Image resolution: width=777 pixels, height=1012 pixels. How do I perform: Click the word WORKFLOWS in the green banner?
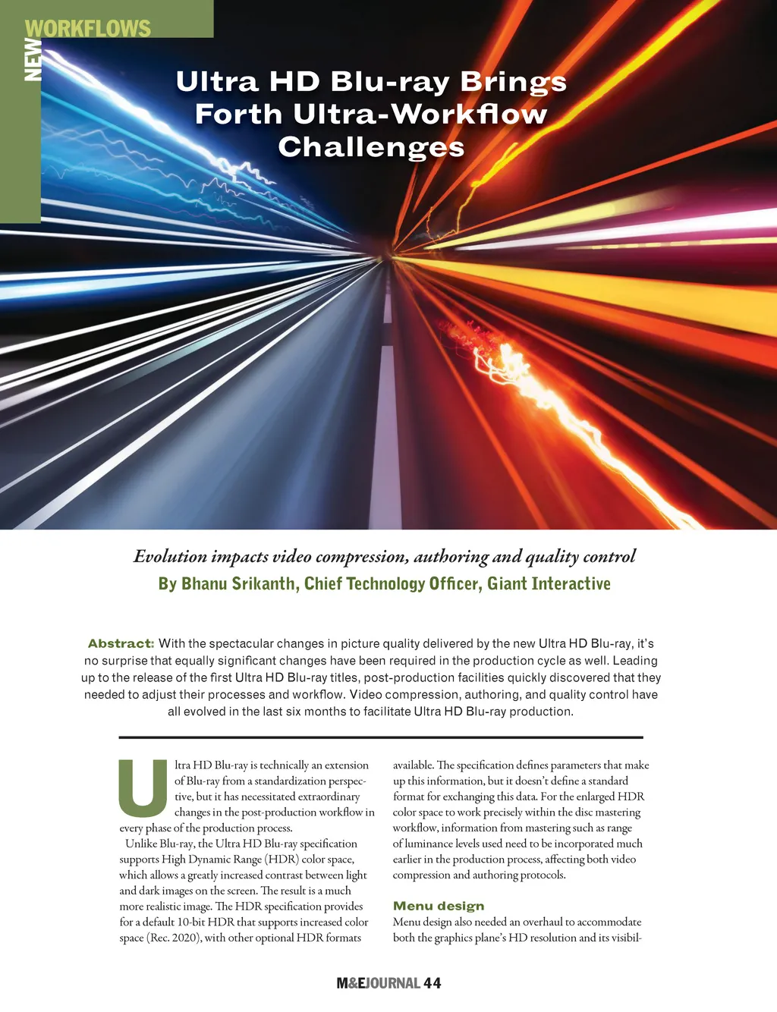(x=88, y=28)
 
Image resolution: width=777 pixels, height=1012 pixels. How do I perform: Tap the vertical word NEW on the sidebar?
(x=33, y=59)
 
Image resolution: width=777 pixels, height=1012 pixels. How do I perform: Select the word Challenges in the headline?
(x=371, y=146)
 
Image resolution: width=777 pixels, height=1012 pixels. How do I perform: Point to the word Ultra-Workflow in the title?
(x=420, y=114)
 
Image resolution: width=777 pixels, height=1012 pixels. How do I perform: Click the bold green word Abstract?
(x=121, y=643)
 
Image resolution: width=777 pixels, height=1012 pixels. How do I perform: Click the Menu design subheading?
(x=439, y=906)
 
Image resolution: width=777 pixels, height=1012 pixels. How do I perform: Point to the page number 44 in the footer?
(x=433, y=983)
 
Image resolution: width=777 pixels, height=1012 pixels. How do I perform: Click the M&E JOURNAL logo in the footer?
(x=378, y=983)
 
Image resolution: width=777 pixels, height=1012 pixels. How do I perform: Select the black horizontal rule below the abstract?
(x=381, y=737)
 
